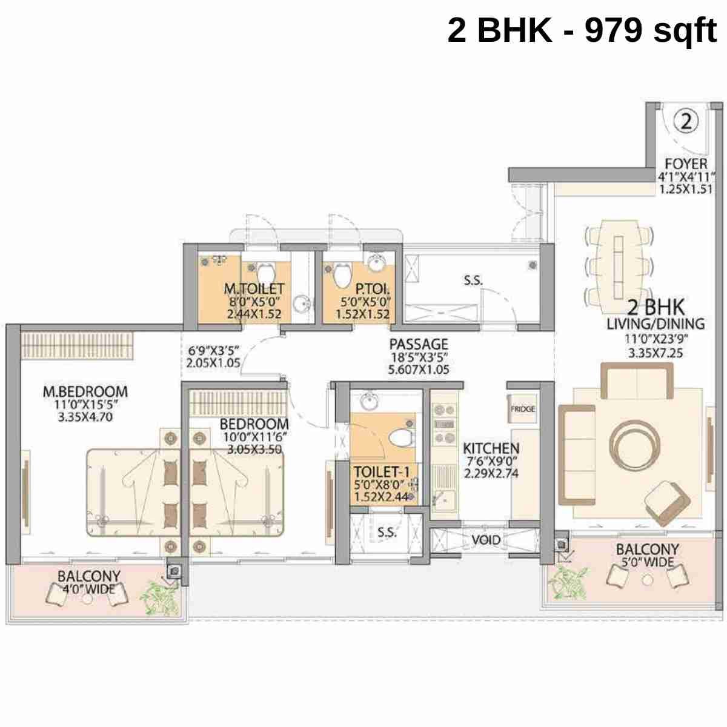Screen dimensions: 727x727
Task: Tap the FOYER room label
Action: (x=686, y=164)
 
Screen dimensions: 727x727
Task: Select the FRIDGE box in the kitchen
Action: (x=522, y=410)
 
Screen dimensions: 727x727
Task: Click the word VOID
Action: (x=486, y=540)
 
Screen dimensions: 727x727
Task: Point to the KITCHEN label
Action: (x=491, y=449)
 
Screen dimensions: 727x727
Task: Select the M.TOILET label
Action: (x=254, y=290)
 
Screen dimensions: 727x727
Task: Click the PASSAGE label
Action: (x=419, y=345)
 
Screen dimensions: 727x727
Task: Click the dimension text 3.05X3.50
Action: (x=254, y=450)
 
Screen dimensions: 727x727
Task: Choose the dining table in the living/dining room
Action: (x=619, y=262)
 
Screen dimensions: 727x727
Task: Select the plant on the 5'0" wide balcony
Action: (x=568, y=582)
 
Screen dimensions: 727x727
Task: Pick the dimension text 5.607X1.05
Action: (x=419, y=369)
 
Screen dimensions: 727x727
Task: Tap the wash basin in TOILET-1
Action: (x=368, y=402)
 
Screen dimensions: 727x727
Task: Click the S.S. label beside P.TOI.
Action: (x=473, y=281)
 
